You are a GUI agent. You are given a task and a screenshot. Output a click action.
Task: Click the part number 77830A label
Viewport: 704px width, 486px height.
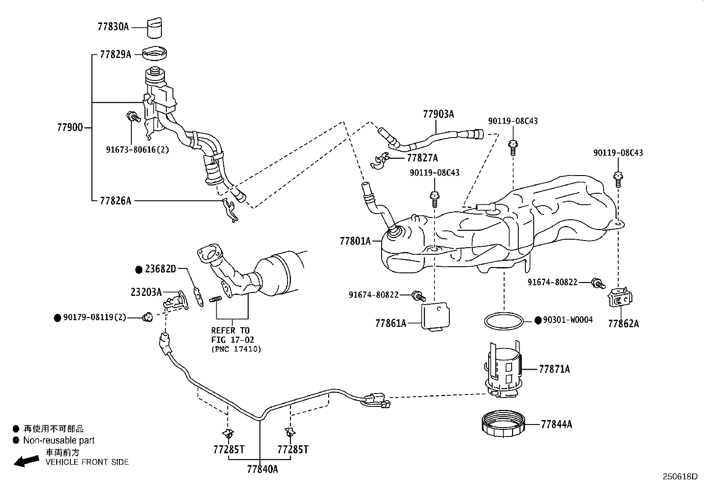(113, 27)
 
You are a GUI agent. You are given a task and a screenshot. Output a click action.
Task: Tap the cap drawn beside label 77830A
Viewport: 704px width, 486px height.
(154, 29)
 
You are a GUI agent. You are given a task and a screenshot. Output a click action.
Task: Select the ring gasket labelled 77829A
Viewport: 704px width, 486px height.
(156, 55)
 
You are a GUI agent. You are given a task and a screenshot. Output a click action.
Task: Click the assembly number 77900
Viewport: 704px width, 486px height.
(69, 128)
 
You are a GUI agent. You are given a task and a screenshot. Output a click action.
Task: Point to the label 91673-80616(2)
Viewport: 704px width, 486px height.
(137, 149)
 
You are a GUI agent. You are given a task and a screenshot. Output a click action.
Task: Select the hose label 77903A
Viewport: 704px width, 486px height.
(438, 114)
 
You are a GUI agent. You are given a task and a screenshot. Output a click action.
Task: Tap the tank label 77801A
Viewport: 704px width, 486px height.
(355, 241)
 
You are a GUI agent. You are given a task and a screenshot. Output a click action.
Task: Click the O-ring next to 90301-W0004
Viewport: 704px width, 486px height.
(504, 321)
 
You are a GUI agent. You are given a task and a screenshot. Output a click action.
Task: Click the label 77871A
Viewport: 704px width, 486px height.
(554, 369)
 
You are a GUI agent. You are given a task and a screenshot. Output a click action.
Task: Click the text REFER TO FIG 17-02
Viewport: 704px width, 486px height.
(230, 335)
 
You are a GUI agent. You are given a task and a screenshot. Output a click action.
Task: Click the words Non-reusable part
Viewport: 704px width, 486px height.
(59, 440)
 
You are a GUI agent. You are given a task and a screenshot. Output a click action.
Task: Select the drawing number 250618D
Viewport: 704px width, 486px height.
(680, 477)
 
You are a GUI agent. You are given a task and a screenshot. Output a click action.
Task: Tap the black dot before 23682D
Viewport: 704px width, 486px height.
(139, 269)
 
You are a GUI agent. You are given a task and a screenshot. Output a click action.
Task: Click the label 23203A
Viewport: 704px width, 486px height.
(146, 292)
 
